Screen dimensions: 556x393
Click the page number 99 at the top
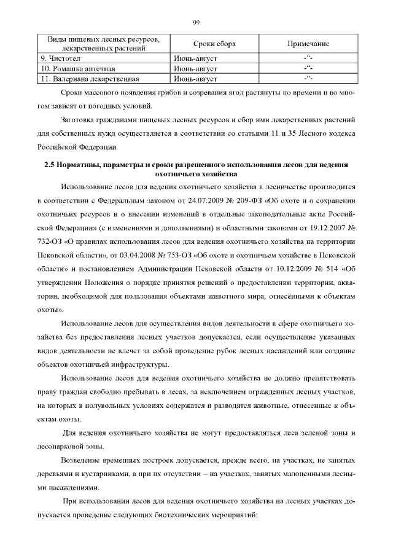196,23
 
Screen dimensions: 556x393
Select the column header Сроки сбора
214,45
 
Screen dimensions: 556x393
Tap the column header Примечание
308,45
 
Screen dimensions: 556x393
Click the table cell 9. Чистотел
61,58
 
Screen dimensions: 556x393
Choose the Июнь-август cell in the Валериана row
196,79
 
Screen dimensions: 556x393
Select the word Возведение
82,460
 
